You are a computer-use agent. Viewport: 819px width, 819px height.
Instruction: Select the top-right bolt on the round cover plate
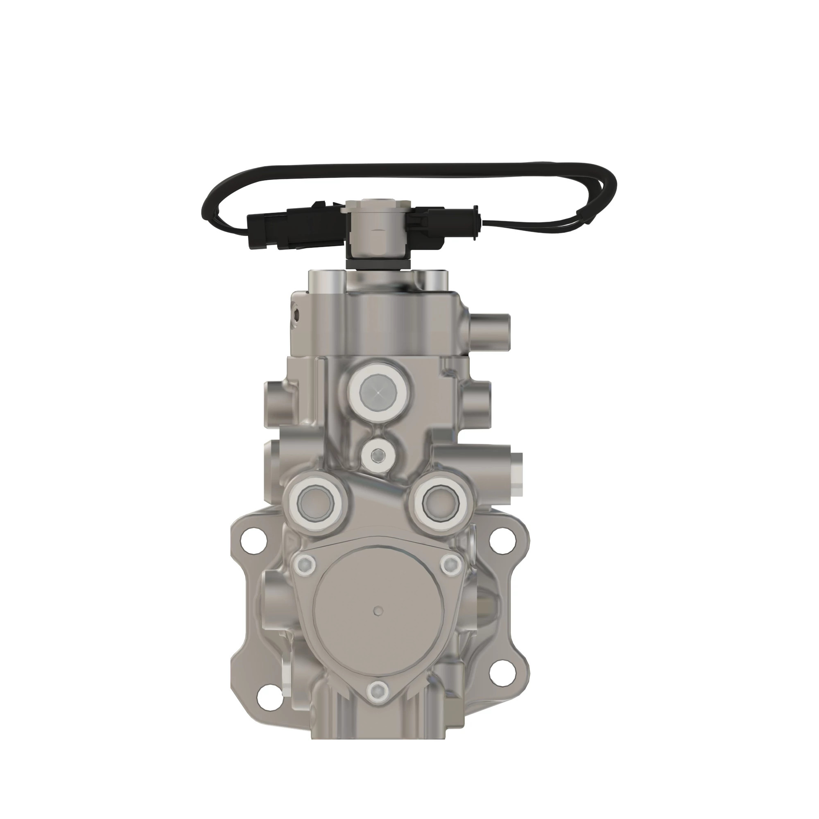tap(450, 563)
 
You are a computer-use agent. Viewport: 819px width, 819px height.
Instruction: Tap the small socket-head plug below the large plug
tap(377, 456)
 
